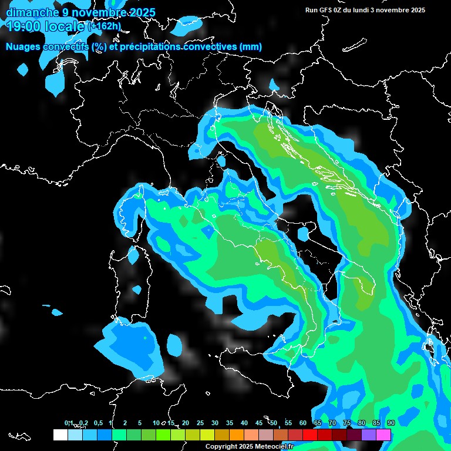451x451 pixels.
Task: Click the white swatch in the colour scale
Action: coord(60,435)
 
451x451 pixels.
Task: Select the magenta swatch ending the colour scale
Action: coord(383,435)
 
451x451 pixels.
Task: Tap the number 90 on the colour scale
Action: coord(391,423)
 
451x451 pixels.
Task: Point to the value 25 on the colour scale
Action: coord(200,423)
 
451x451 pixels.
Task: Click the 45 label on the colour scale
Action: coord(259,423)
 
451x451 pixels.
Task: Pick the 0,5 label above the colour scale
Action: coord(99,423)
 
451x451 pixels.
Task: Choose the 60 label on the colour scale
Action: coord(303,423)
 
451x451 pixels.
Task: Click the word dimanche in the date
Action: coord(32,12)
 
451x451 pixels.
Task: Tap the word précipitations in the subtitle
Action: coord(151,47)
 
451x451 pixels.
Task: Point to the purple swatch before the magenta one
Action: coord(369,435)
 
